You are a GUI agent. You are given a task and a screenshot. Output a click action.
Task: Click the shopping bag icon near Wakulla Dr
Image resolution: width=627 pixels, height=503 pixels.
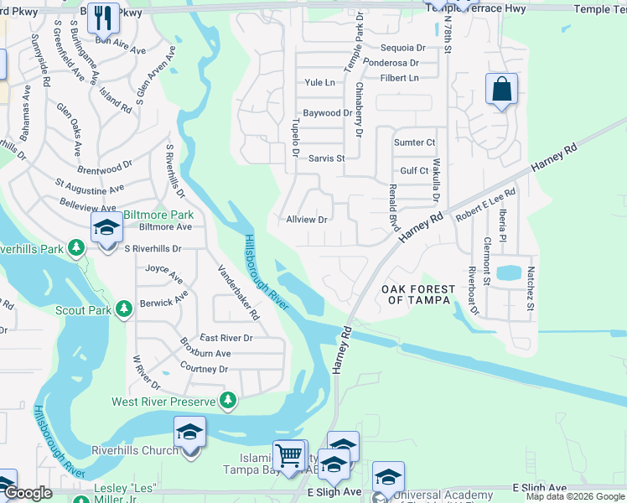(x=500, y=89)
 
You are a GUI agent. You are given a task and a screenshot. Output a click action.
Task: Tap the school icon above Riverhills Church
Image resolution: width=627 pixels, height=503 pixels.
(x=189, y=433)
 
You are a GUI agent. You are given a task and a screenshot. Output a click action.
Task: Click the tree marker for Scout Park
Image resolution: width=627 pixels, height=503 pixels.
(x=124, y=310)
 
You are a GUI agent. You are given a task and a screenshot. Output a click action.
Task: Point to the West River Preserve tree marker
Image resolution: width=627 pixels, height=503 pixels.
(x=226, y=402)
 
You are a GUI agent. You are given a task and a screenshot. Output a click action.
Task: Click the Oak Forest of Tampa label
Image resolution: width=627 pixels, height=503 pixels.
(x=418, y=295)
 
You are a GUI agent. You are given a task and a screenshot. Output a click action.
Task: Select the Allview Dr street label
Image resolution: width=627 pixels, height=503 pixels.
(x=306, y=220)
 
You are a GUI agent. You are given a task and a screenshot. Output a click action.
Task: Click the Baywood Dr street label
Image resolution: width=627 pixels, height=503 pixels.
(x=327, y=112)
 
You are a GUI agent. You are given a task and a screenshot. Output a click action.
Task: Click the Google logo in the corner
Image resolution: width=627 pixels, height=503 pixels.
(x=28, y=493)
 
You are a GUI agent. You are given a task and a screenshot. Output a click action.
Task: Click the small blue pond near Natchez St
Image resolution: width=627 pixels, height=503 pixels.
(x=508, y=272)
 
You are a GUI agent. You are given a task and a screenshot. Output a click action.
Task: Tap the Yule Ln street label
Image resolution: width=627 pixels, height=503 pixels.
(x=319, y=82)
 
